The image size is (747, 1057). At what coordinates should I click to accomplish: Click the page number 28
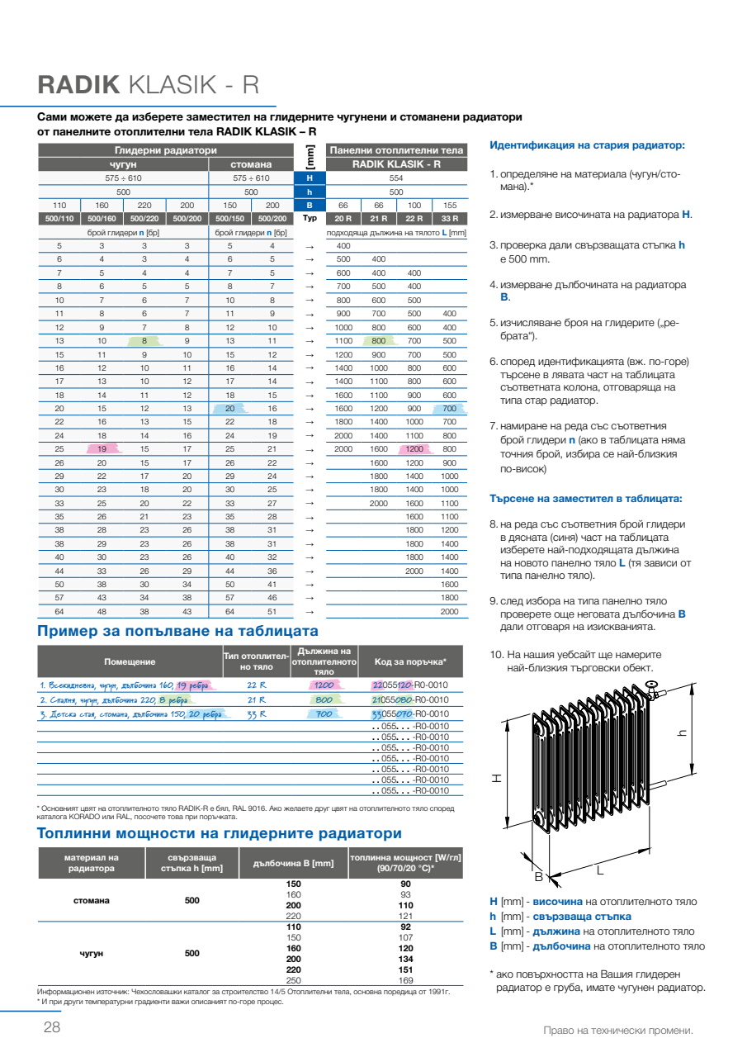point(51,1028)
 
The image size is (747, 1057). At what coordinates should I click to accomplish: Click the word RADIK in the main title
point(79,85)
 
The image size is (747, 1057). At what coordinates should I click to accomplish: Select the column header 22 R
point(414,218)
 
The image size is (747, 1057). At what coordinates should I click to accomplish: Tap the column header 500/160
point(102,218)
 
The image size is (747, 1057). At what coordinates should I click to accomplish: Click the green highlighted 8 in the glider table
point(144,340)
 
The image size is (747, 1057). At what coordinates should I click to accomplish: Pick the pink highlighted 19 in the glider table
point(102,448)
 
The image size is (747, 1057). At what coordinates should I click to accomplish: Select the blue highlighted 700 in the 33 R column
point(449,408)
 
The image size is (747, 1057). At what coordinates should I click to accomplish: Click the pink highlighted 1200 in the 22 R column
point(414,448)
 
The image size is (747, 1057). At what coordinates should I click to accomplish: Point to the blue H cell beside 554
point(310,178)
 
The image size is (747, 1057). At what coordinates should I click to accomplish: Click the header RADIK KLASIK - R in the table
point(396,164)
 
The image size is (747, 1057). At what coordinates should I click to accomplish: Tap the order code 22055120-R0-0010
point(410,685)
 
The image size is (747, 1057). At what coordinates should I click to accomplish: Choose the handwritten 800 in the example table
point(324,699)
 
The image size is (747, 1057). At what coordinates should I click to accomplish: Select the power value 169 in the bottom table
point(405,980)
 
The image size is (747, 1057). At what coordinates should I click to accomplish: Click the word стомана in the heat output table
point(91,900)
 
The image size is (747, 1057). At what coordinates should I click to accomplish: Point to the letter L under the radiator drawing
point(600,870)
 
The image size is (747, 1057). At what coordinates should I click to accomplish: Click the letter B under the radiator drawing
point(538,876)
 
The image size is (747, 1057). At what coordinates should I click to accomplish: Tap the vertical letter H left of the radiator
point(497,778)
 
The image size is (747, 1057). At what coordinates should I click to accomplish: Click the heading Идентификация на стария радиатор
point(587,145)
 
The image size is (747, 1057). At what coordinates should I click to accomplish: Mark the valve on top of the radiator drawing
point(651,685)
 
